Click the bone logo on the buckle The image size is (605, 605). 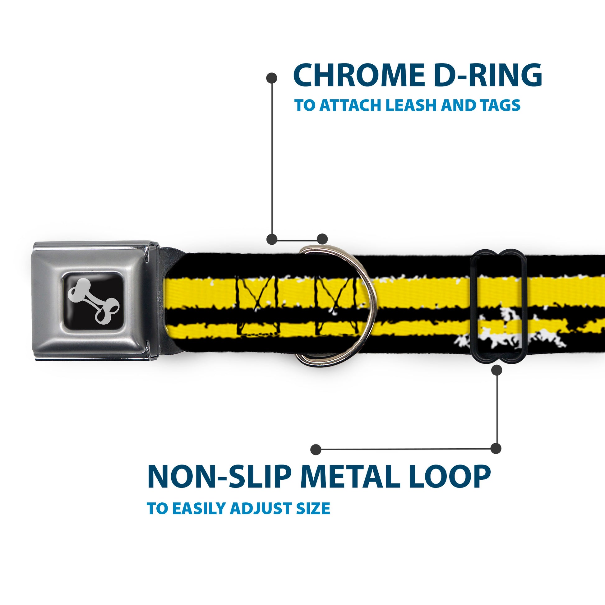94,301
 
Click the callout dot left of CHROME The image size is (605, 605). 271,78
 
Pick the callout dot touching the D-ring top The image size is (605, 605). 322,239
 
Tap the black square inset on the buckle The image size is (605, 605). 94,301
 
